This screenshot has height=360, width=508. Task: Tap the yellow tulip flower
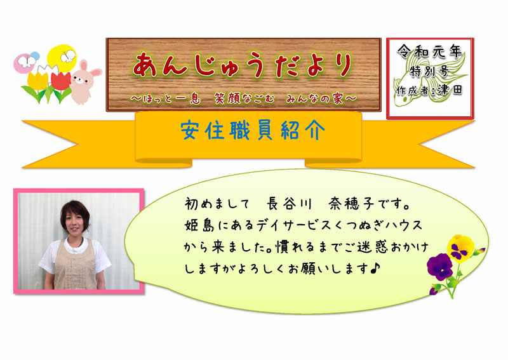tap(37, 81)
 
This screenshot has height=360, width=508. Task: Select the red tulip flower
tap(61, 81)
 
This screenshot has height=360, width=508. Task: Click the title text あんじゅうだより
tap(243, 66)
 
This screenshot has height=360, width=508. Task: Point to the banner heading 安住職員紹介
tap(253, 130)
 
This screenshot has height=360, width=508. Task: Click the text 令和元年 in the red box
tap(430, 51)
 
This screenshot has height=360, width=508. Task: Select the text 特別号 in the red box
tap(429, 71)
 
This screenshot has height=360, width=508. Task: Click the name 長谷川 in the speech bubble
tap(289, 204)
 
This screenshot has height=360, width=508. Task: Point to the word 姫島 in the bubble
tap(199, 225)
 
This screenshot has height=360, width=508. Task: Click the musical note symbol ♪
tap(375, 269)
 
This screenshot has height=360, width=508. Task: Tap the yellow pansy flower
tap(460, 248)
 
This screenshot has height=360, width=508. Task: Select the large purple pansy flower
tap(439, 267)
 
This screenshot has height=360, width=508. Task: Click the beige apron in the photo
tap(75, 265)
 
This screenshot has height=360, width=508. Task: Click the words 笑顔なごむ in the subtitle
tap(244, 98)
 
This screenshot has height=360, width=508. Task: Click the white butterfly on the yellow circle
tap(68, 57)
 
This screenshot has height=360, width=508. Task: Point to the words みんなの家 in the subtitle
tap(314, 98)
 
